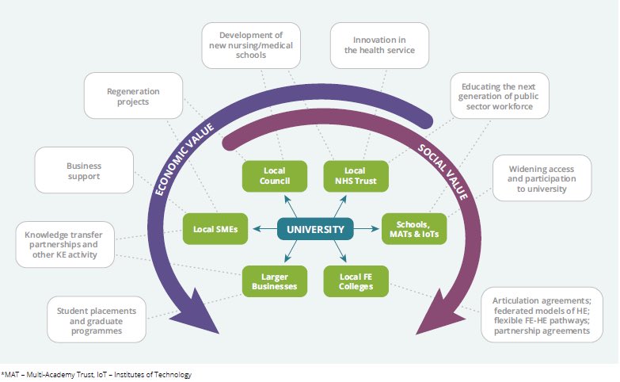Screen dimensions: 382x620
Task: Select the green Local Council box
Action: pos(271,175)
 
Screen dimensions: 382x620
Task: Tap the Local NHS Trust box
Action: pos(356,175)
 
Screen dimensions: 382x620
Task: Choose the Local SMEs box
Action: pos(215,230)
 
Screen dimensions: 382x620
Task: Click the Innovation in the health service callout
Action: pos(379,44)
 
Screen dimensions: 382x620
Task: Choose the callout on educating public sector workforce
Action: pos(500,96)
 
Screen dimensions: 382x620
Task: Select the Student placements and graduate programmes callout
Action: pos(96,320)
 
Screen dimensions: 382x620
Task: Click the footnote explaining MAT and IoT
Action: pos(97,374)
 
